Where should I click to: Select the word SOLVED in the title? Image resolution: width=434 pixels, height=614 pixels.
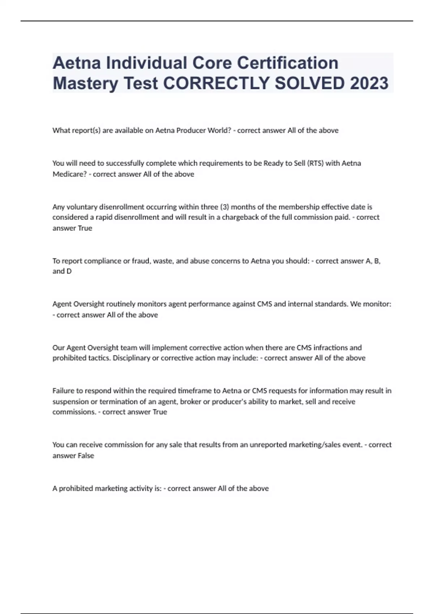[309, 83]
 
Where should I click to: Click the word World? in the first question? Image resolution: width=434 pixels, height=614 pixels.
[219, 130]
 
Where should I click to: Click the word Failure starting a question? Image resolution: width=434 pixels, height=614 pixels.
[64, 391]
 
